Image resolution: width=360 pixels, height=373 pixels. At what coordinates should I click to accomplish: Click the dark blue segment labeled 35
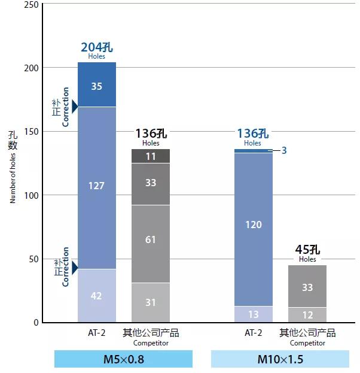tap(97, 86)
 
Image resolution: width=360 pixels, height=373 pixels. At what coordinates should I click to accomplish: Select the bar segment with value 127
tap(97, 186)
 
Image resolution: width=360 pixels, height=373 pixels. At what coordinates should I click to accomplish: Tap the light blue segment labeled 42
tap(97, 296)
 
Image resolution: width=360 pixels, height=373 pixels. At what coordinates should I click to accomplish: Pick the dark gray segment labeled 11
tap(151, 156)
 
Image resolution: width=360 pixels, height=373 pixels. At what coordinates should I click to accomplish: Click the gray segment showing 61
tap(151, 239)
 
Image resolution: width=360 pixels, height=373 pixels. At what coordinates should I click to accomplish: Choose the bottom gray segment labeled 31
tap(151, 302)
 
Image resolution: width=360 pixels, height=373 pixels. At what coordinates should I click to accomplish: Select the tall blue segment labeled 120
tap(254, 225)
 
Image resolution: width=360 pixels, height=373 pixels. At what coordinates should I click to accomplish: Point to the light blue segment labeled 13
tap(254, 314)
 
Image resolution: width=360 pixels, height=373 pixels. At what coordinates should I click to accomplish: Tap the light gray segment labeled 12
tap(307, 315)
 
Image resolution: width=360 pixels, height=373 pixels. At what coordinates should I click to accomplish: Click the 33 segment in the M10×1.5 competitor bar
tap(307, 287)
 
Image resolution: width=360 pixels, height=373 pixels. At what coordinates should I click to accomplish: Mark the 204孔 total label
tap(96, 48)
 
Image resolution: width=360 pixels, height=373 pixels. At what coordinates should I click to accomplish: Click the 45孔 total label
tap(307, 250)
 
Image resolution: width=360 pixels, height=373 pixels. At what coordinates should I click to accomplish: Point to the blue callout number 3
tap(284, 151)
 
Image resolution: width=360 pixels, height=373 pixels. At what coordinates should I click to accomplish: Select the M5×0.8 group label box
tap(123, 359)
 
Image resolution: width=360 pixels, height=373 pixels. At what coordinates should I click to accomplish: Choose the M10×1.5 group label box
tap(280, 359)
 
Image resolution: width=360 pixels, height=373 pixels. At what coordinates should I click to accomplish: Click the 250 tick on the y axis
tap(32, 5)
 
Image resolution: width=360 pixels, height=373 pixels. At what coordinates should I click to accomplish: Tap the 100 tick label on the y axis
tap(32, 195)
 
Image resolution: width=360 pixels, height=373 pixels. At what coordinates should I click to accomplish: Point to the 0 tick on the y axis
tap(36, 323)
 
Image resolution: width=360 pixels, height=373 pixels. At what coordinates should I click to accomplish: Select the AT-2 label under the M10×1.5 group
tap(254, 333)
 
